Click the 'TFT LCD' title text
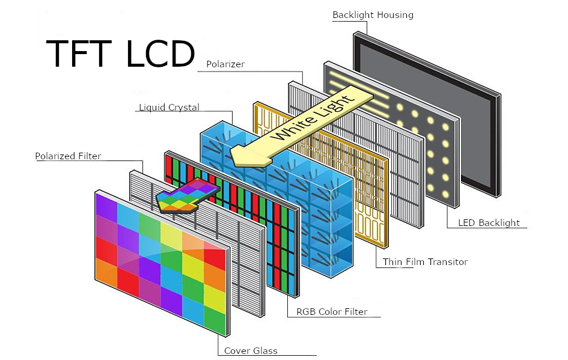pos(120,54)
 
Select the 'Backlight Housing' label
pos(373,15)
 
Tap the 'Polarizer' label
pos(225,64)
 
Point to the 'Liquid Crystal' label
pos(169,108)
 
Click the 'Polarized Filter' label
pos(68,156)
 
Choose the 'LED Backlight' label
pos(489,223)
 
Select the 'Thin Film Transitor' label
pos(425,262)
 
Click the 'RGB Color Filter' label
pos(332,312)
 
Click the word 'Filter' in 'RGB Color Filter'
pos(355,312)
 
